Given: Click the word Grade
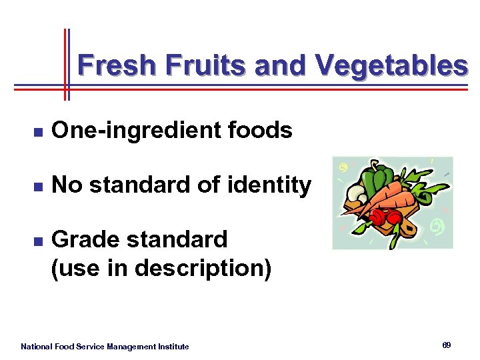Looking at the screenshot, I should (x=83, y=239).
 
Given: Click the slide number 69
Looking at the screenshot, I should (x=446, y=345).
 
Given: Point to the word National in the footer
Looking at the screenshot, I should (x=37, y=347).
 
